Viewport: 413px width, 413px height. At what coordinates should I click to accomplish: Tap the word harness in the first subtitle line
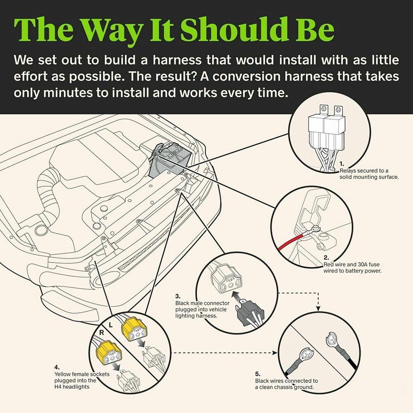tap(177, 60)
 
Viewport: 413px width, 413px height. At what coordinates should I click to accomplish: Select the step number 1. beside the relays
tap(342, 164)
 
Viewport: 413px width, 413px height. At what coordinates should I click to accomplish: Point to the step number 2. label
tap(326, 258)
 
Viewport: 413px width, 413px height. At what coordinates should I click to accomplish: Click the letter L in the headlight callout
tap(110, 325)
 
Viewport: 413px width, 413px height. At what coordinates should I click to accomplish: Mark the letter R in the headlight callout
tap(101, 333)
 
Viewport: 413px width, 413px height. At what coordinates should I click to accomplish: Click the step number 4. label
tap(57, 367)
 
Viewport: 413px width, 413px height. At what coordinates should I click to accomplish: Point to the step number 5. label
tap(258, 374)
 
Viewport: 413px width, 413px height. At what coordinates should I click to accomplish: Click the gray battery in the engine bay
tap(169, 161)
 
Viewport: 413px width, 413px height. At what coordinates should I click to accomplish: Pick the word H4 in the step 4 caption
tap(58, 387)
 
